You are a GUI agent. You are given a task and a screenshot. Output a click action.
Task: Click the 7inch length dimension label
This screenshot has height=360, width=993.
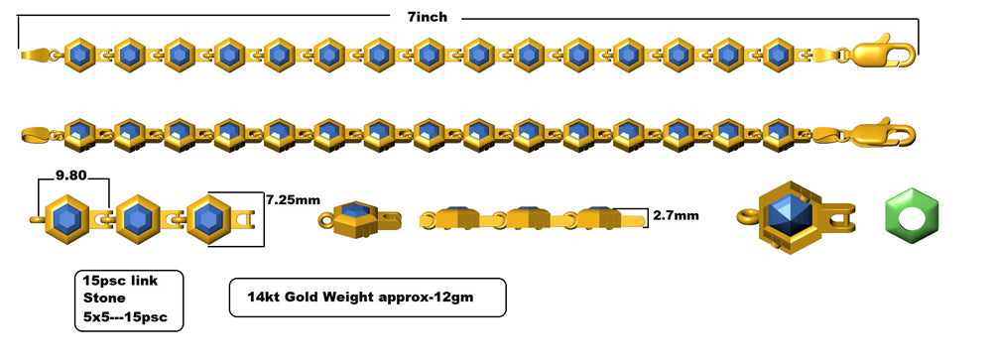point(426,17)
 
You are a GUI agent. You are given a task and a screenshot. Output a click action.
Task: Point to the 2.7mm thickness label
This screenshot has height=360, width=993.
point(676,214)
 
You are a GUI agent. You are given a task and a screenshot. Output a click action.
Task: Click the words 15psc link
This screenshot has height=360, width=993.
point(120,281)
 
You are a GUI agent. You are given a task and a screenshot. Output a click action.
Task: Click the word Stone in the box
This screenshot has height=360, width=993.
point(103,300)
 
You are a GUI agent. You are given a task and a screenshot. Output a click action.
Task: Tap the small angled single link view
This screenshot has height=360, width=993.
point(357,217)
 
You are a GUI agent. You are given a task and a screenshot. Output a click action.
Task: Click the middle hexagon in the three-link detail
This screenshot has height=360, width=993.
point(138,217)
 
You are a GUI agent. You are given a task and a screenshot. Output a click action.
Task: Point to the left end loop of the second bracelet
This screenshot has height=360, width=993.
point(33,132)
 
